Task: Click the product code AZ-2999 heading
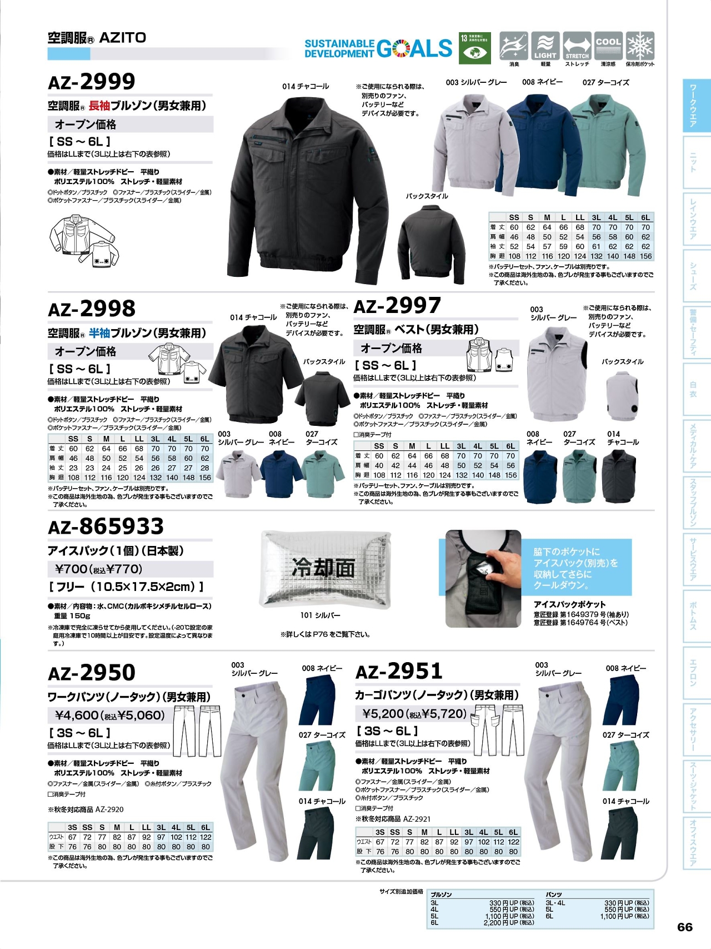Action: coord(92,82)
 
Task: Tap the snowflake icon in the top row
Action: coord(640,46)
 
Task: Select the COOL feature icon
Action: coord(608,46)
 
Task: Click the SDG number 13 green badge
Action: coord(474,48)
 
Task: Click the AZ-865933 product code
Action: coord(106,526)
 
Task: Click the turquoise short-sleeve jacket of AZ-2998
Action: coord(324,473)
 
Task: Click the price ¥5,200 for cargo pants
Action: coord(384,713)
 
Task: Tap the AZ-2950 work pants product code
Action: coord(92,673)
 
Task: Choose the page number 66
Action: coord(685,927)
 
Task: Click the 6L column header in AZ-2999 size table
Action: coord(645,217)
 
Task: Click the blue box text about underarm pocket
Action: coord(575,568)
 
